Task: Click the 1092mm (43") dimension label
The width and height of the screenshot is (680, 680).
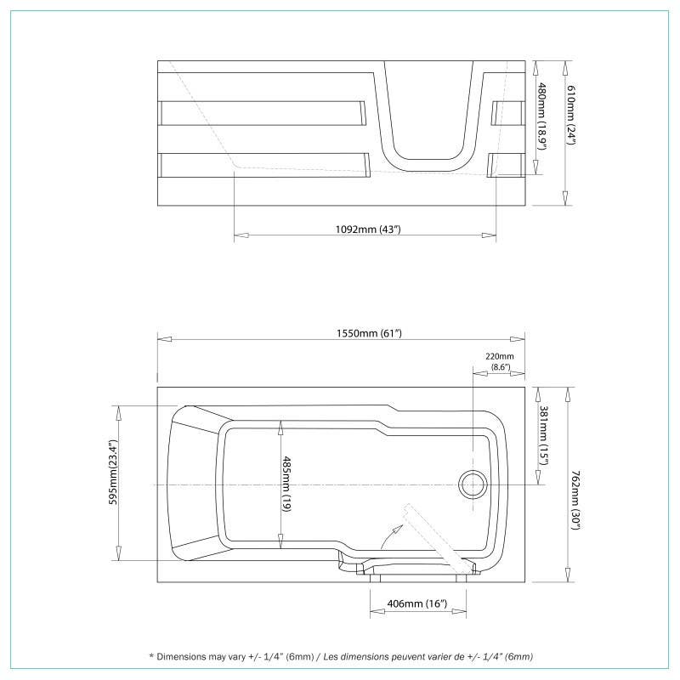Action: tap(365, 229)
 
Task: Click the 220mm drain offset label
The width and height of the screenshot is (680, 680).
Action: tap(500, 356)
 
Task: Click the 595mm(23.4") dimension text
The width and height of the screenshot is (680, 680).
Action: tap(111, 482)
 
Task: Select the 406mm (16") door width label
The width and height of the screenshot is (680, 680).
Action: tap(416, 603)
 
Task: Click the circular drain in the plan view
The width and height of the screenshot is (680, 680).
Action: tap(473, 484)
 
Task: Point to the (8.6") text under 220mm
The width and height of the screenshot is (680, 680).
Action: tap(500, 367)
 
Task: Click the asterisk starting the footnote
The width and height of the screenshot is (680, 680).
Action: tap(151, 657)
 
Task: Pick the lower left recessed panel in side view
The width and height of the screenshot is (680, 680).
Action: tap(263, 165)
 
